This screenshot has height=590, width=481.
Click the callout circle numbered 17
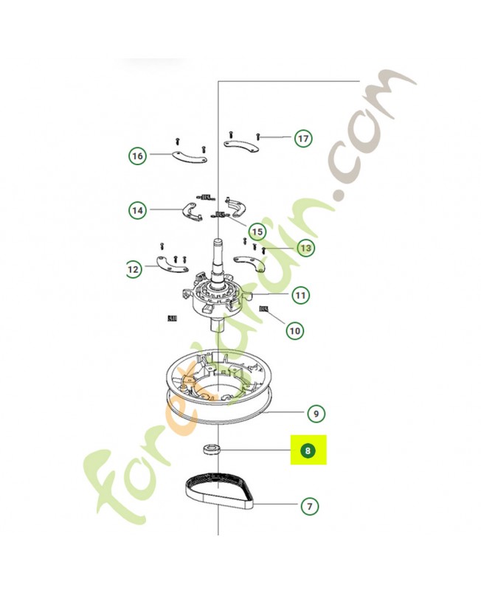[x=302, y=138]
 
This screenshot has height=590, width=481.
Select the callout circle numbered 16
[x=137, y=156]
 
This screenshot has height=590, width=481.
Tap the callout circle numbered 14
[x=137, y=210]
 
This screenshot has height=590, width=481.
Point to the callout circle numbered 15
[x=256, y=230]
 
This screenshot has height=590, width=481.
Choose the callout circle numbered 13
[x=305, y=248]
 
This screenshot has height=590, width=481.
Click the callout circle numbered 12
[x=134, y=270]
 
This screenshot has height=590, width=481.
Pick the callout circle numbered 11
[x=300, y=296]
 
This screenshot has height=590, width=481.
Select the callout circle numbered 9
[x=315, y=414]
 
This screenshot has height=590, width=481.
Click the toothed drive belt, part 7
[x=219, y=495]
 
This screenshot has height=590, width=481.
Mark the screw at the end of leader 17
[x=259, y=136]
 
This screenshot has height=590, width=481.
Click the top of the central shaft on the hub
[x=219, y=241]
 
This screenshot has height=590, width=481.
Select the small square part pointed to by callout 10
[x=263, y=308]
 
